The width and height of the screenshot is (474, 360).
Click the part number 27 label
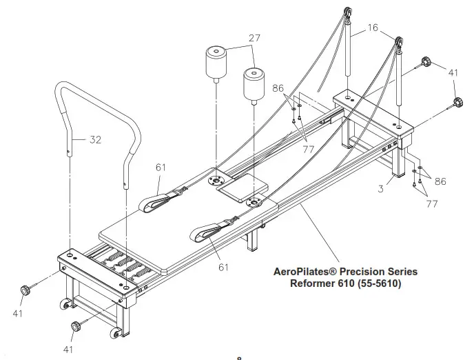(254, 39)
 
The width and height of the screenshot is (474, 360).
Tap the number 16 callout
(372, 28)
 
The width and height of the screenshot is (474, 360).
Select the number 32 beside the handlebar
(96, 139)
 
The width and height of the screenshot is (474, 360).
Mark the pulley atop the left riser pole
(345, 14)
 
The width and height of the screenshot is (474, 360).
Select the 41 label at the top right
(453, 72)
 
